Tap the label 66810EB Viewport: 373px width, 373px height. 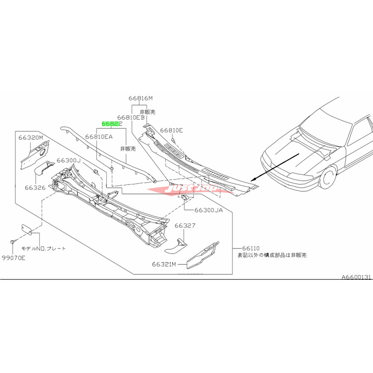point(131,118)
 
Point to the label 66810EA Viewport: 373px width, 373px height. point(99,138)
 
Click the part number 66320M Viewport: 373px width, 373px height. point(31,138)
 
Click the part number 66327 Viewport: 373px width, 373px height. point(185,225)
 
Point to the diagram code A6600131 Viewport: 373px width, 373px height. point(356,277)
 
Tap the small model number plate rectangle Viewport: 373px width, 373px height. point(27,229)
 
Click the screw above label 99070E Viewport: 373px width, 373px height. point(13,242)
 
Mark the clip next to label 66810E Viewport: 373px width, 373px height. point(173,139)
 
